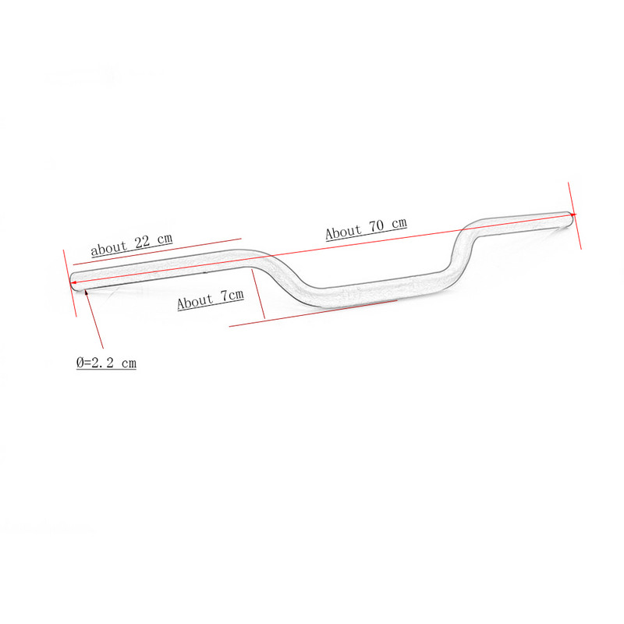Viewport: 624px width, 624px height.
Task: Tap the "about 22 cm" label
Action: point(131,245)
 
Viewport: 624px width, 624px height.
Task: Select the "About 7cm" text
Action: point(211,300)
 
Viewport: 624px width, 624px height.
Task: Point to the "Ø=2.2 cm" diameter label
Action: point(106,363)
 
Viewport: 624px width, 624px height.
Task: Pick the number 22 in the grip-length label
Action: point(143,243)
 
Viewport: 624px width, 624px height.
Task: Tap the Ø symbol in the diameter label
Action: point(80,363)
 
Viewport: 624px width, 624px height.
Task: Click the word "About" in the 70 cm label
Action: point(343,232)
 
